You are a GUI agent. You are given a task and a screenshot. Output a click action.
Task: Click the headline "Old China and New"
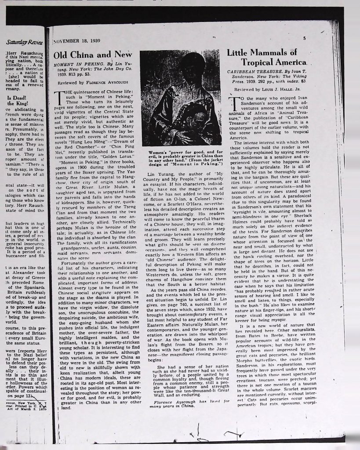tap(92, 55)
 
